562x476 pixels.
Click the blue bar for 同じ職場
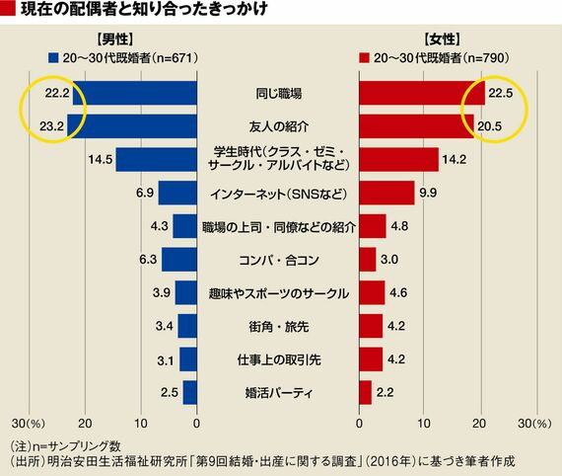[135, 93]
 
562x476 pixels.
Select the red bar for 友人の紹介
[416, 126]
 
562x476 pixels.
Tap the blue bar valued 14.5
[156, 159]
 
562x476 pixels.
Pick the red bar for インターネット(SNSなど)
[386, 193]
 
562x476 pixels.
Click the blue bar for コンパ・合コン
[179, 259]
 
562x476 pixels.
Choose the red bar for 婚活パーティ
[365, 392]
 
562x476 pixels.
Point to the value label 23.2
[51, 126]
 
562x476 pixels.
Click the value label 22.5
[501, 94]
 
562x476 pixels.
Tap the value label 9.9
[428, 193]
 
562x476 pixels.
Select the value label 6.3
[148, 259]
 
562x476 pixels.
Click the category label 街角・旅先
[278, 326]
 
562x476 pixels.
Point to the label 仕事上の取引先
[278, 359]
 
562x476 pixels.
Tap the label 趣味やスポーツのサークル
[278, 293]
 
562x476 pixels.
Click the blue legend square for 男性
[53, 58]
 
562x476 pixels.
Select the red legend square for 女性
[364, 58]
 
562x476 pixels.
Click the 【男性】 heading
[115, 40]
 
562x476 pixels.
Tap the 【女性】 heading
[442, 40]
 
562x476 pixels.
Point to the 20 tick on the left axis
[85, 424]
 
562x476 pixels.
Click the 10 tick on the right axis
[423, 424]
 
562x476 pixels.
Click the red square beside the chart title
[8, 9]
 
